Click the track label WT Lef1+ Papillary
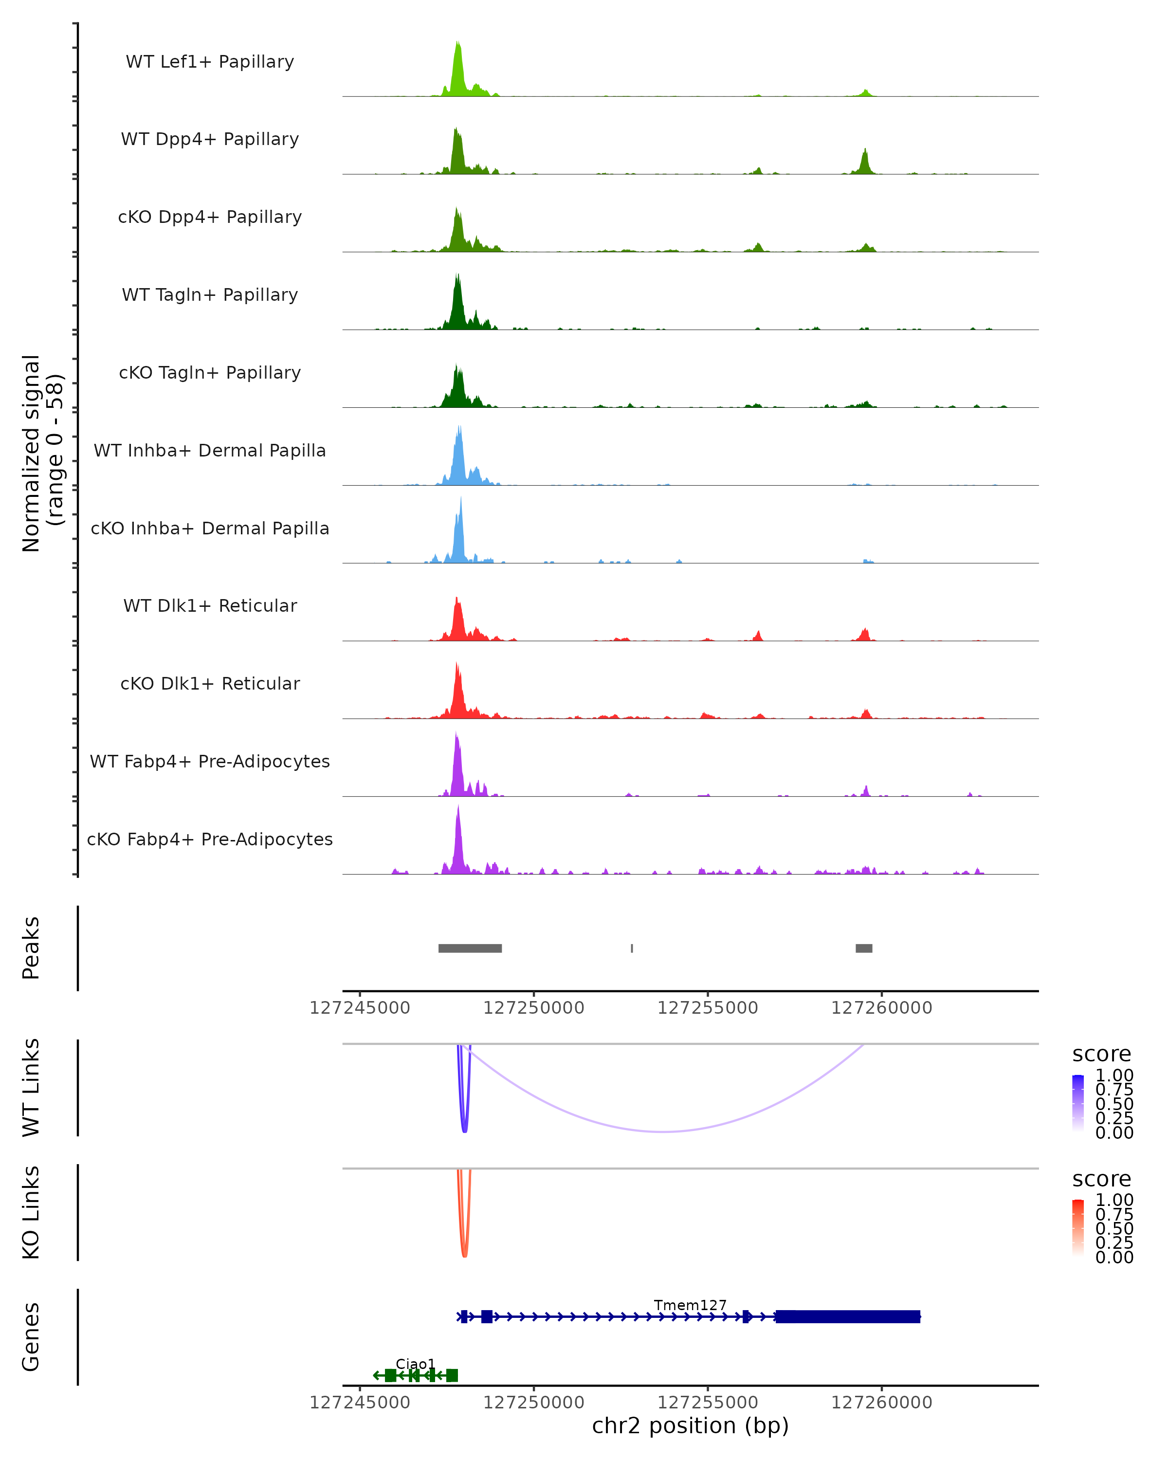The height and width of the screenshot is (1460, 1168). click(210, 62)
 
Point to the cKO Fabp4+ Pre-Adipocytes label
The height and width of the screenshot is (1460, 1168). click(210, 839)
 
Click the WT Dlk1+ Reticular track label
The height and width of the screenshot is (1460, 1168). click(210, 605)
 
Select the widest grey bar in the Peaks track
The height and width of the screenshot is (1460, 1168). click(470, 948)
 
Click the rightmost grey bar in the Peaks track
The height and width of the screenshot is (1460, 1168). click(863, 948)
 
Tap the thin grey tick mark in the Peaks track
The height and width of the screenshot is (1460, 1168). click(632, 948)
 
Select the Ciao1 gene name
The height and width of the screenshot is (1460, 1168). click(415, 1364)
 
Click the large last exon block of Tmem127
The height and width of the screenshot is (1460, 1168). click(847, 1316)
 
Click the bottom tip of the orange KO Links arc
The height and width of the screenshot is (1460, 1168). click(464, 1256)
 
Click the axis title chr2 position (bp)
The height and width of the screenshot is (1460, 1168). click(690, 1425)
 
